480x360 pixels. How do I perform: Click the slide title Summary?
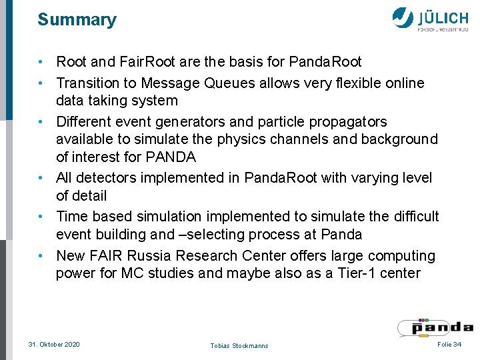tap(77, 20)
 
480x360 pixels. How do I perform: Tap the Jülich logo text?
tap(443, 17)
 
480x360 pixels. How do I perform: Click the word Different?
tap(87, 122)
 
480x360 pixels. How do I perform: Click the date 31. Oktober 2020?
tap(54, 344)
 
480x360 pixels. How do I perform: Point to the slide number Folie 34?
tap(449, 343)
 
